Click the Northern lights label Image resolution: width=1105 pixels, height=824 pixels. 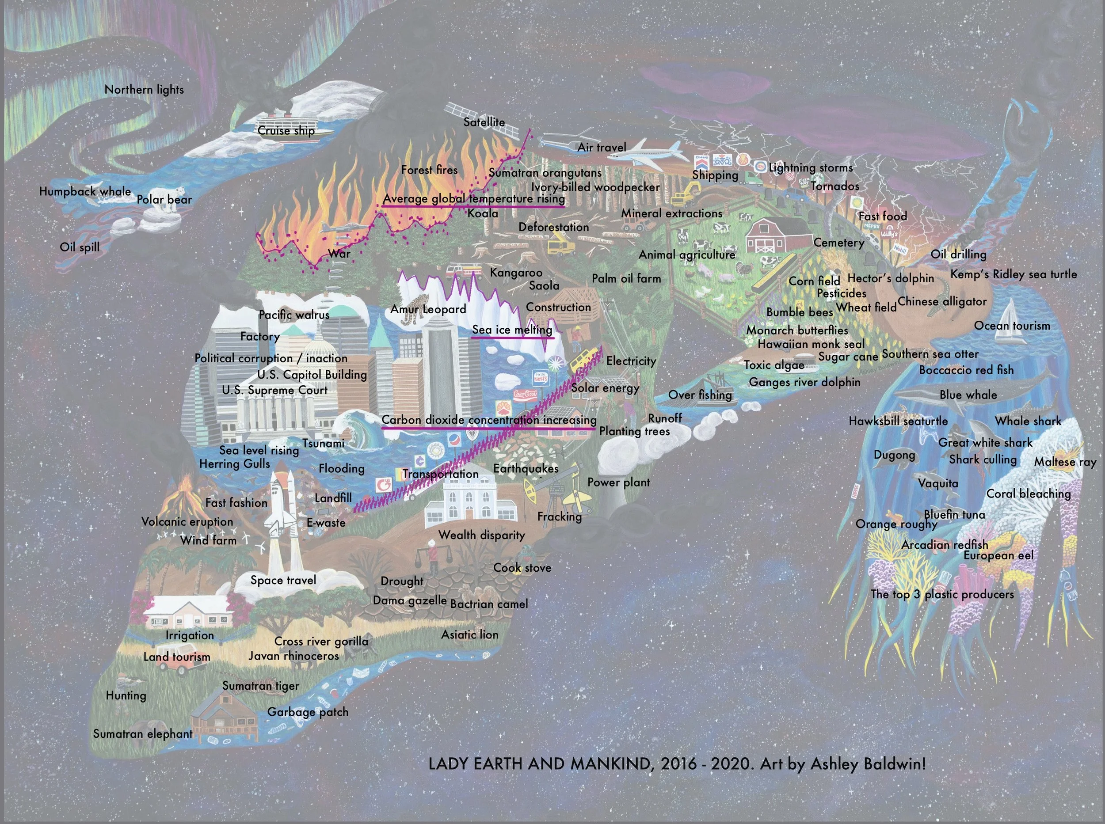144,90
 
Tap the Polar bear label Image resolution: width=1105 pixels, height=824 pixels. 164,200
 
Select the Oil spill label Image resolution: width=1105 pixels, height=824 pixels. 80,247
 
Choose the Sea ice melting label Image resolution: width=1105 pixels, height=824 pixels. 512,330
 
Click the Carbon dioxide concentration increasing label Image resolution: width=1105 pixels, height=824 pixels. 489,420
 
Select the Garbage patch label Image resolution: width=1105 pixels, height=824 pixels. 308,712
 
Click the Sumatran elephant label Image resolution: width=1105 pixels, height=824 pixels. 143,734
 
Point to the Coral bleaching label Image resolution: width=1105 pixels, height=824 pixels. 1029,494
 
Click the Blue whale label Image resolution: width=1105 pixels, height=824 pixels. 968,395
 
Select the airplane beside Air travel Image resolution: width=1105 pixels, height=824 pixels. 648,150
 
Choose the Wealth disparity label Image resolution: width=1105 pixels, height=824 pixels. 481,535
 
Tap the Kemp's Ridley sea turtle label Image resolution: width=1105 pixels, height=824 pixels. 1013,274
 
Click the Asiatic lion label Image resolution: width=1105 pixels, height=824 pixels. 469,634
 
